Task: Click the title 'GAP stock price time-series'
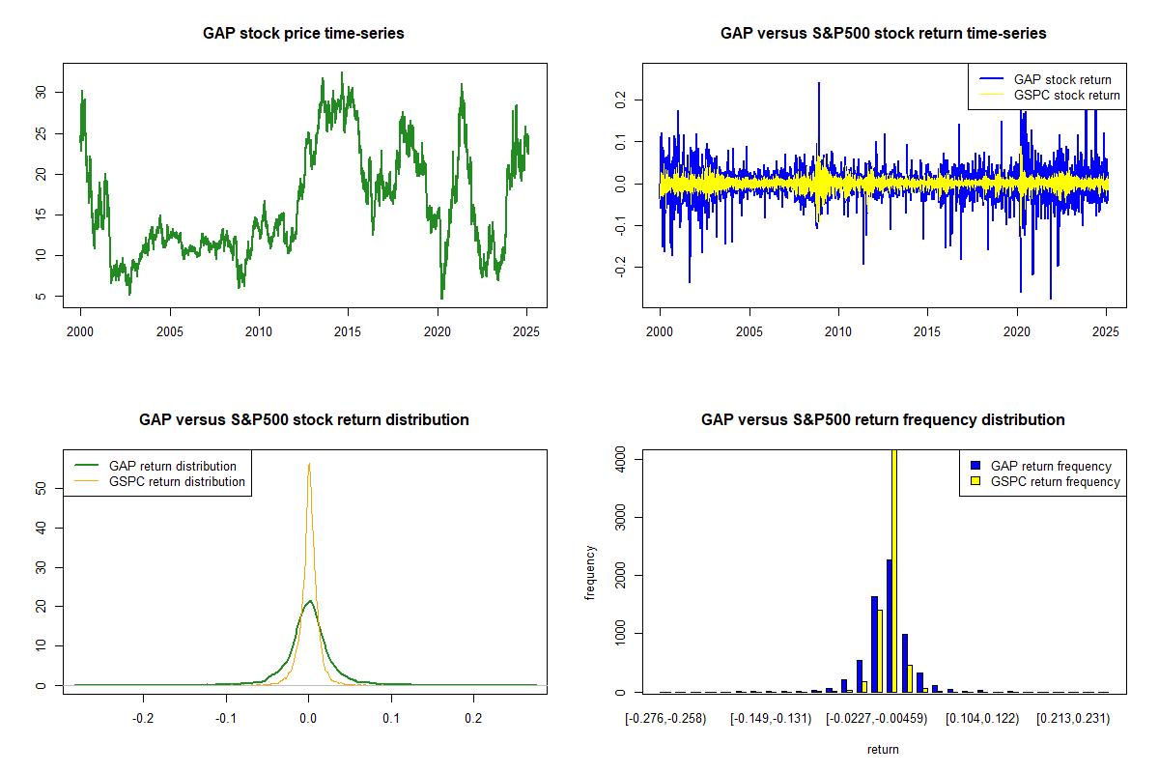tap(303, 33)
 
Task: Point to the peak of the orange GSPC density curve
tap(309, 464)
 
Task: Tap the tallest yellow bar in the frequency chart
tap(894, 570)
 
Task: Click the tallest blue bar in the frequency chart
tap(889, 625)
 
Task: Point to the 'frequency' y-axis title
tap(591, 572)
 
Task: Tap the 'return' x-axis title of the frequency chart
tap(883, 749)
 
